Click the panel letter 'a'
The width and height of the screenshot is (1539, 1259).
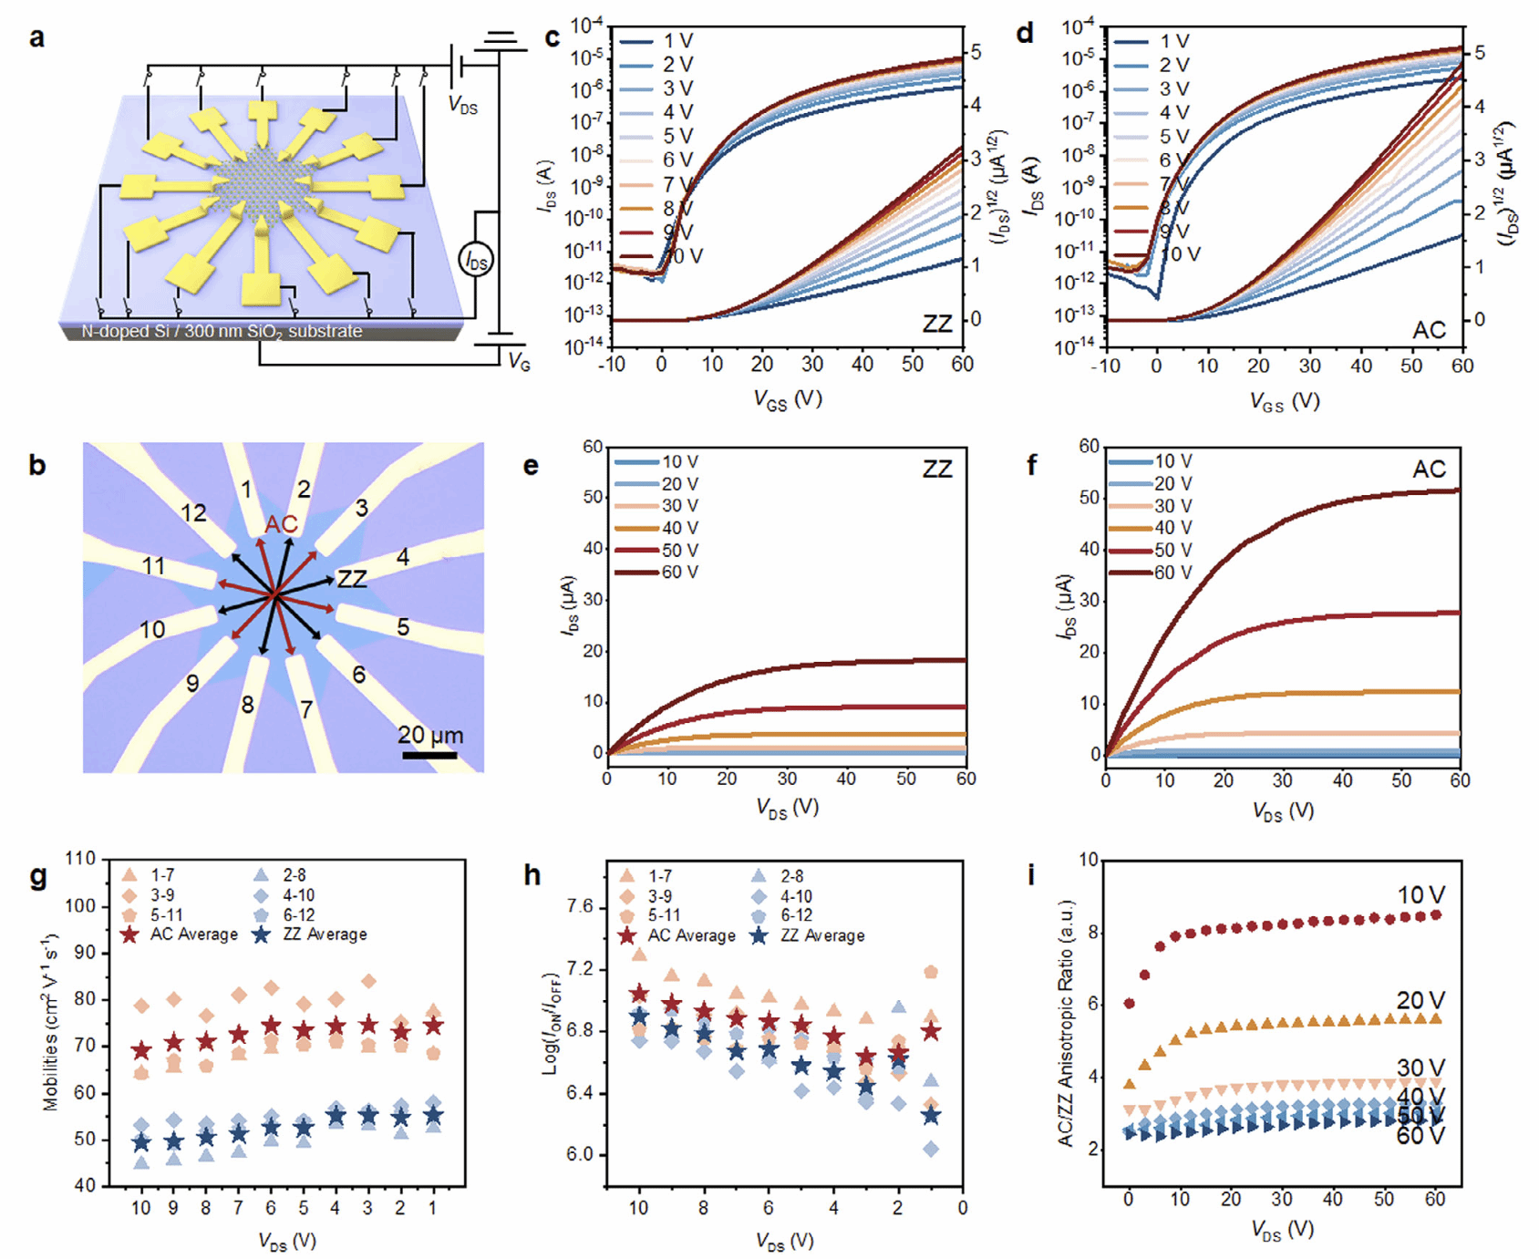click(x=36, y=38)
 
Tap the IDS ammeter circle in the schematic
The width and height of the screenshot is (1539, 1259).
click(x=475, y=261)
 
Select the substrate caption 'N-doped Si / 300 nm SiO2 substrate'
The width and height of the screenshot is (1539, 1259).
click(x=222, y=332)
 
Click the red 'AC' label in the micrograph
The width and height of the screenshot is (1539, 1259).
click(x=281, y=525)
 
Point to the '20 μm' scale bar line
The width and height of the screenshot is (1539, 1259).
click(x=429, y=755)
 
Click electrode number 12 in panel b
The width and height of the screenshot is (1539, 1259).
click(x=193, y=513)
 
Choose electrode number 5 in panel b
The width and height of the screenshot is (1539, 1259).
click(x=402, y=627)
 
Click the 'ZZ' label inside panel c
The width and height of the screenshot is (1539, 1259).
click(x=936, y=324)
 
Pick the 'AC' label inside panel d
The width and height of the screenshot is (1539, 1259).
click(x=1429, y=329)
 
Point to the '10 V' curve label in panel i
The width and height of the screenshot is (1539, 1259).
click(x=1420, y=895)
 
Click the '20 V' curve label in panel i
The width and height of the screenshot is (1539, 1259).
click(x=1420, y=1000)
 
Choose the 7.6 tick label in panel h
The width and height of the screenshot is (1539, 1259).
click(x=580, y=907)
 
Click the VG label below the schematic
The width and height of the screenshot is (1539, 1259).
click(x=519, y=362)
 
